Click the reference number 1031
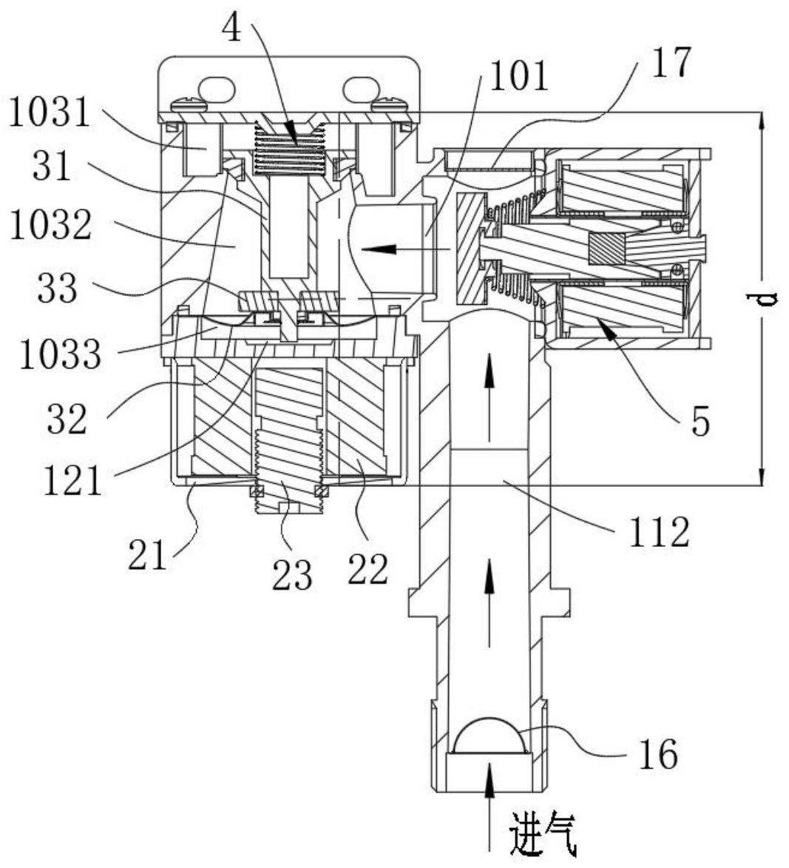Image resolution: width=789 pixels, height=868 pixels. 50,113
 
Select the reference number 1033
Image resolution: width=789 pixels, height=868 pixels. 61,354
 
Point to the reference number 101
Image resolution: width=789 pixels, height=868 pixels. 520,75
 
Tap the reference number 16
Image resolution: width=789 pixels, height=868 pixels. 658,754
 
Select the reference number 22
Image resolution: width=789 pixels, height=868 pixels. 368,570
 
